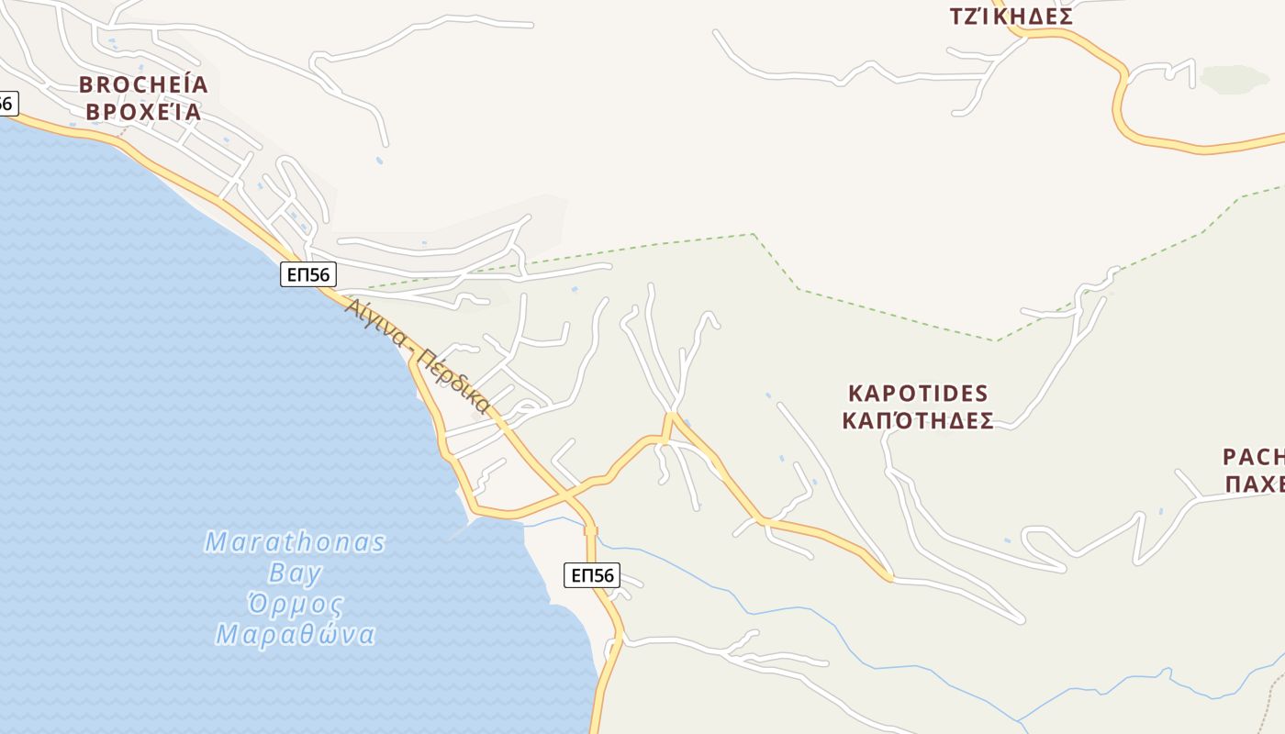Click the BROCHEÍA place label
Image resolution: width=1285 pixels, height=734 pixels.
coord(143,85)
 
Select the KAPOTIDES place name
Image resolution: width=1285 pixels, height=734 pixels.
coord(918,394)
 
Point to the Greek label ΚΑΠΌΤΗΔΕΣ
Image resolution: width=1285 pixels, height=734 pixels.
coord(918,421)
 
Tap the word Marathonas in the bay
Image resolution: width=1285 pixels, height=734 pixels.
coord(295,542)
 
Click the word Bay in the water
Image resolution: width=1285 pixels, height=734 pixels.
coord(295,574)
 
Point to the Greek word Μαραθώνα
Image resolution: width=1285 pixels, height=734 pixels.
coord(295,635)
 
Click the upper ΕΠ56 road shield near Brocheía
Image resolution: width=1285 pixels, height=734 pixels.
coord(308,273)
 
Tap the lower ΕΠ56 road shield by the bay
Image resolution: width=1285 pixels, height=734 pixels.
coord(592,575)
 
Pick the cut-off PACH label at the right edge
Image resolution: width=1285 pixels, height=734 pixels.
coord(1254,457)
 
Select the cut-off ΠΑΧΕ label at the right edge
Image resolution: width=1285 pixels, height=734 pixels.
coord(1255,484)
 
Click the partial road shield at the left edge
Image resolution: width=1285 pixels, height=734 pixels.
coord(6,104)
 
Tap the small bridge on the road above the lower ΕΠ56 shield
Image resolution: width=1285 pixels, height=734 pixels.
coord(591,530)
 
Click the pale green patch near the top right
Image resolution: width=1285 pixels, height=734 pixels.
coord(1234,79)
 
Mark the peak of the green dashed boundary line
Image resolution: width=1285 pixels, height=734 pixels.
coord(753,234)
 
